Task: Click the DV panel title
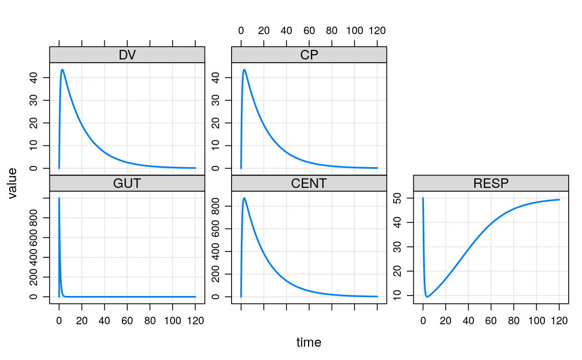127,55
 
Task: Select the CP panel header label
309,55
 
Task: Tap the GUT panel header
127,183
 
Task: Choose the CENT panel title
309,183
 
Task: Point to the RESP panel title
491,183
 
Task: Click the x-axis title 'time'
309,343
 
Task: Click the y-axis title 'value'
13,183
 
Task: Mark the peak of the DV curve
62,69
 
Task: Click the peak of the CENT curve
244,198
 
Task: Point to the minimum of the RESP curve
427,297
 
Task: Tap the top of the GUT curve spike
59,198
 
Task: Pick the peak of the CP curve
244,69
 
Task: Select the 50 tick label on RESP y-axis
403,198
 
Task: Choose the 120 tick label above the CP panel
377,31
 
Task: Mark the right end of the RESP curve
559,200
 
